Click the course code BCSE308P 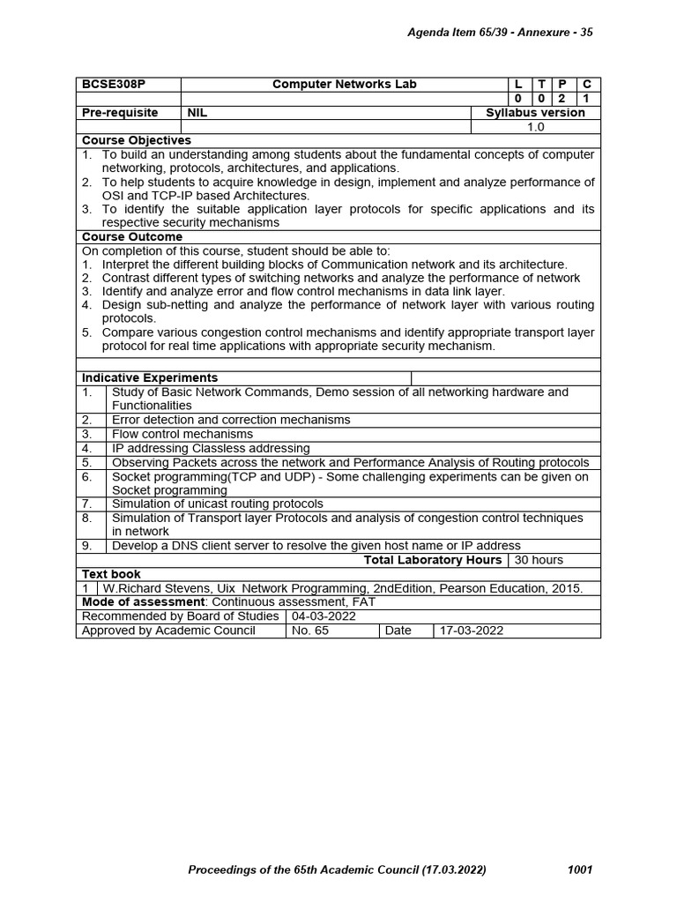coord(114,85)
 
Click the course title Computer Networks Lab coord(344,85)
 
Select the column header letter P coord(562,85)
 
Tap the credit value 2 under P coord(562,99)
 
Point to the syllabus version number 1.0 coord(536,127)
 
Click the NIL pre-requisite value coord(197,113)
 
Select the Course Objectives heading coord(137,140)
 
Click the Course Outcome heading coord(132,237)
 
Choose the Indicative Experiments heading coord(150,377)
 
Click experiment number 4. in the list coord(87,448)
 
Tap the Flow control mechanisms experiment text coord(182,434)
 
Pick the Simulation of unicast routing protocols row coord(217,504)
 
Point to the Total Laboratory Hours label coord(433,560)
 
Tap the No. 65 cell coord(309,631)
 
